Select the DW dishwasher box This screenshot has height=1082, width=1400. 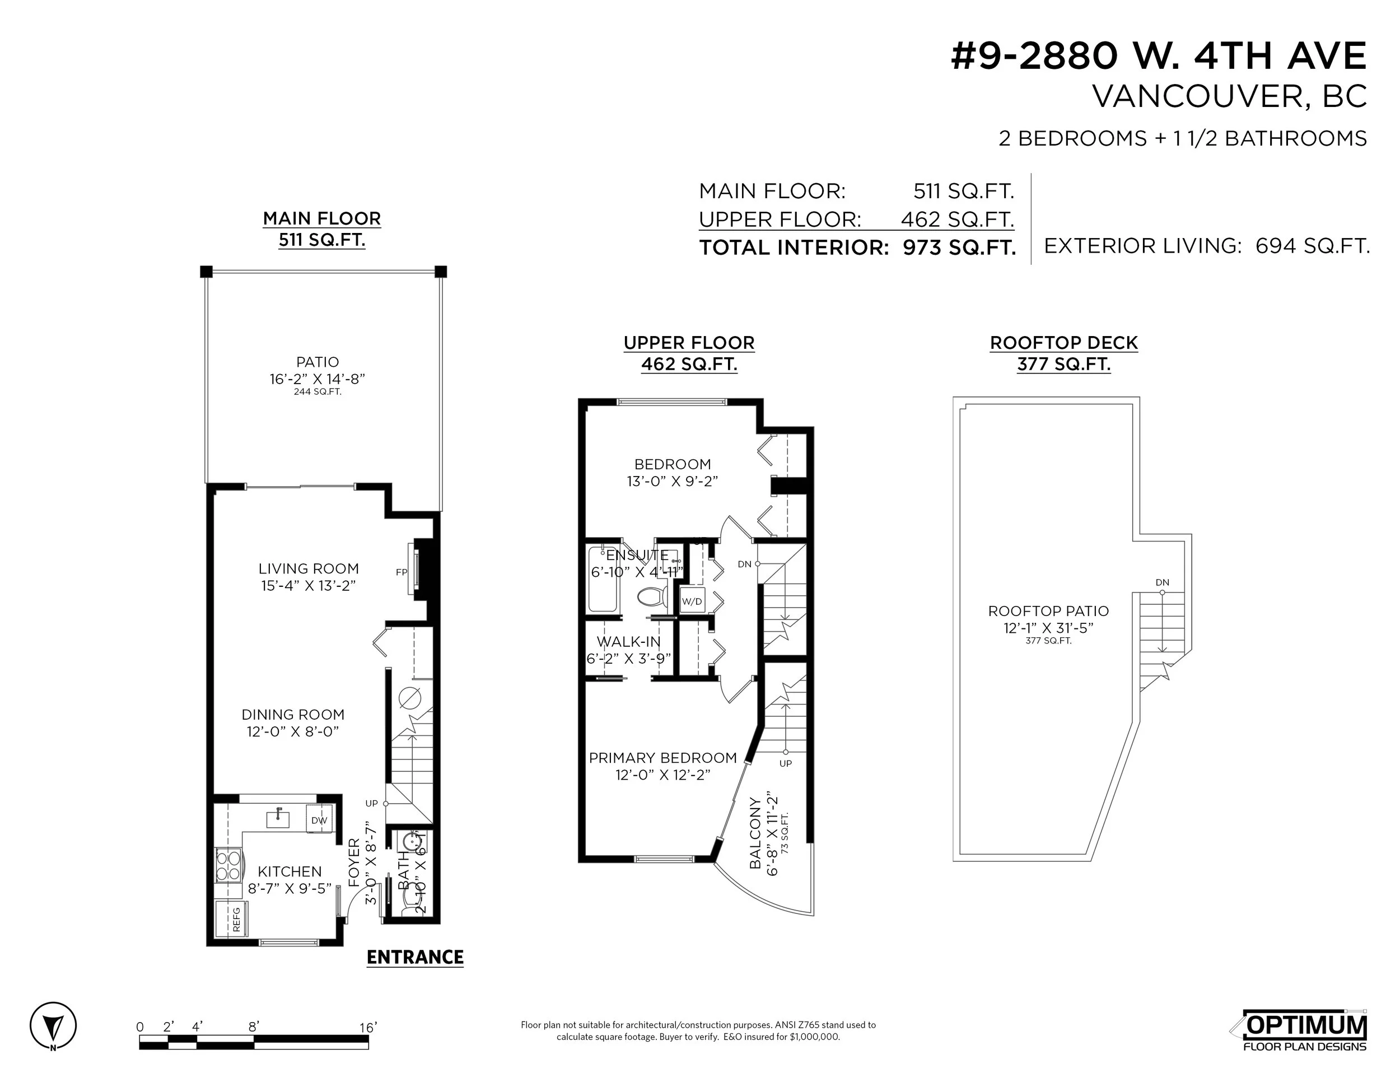pyautogui.click(x=319, y=820)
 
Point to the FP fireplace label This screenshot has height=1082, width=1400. pyautogui.click(x=402, y=572)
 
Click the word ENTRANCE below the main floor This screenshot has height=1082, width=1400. pyautogui.click(x=415, y=957)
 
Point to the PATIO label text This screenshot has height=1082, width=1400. pyautogui.click(x=318, y=362)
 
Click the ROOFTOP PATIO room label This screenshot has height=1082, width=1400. pyautogui.click(x=1048, y=611)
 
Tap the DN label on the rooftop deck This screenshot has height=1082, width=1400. pyautogui.click(x=1162, y=582)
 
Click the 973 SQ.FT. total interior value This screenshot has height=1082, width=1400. pyautogui.click(x=959, y=248)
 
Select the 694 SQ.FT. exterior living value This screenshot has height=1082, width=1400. pyautogui.click(x=1312, y=246)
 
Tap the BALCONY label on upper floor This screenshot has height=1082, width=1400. pyautogui.click(x=755, y=833)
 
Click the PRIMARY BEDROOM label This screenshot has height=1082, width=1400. pyautogui.click(x=662, y=758)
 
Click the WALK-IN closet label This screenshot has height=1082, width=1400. pyautogui.click(x=628, y=642)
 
